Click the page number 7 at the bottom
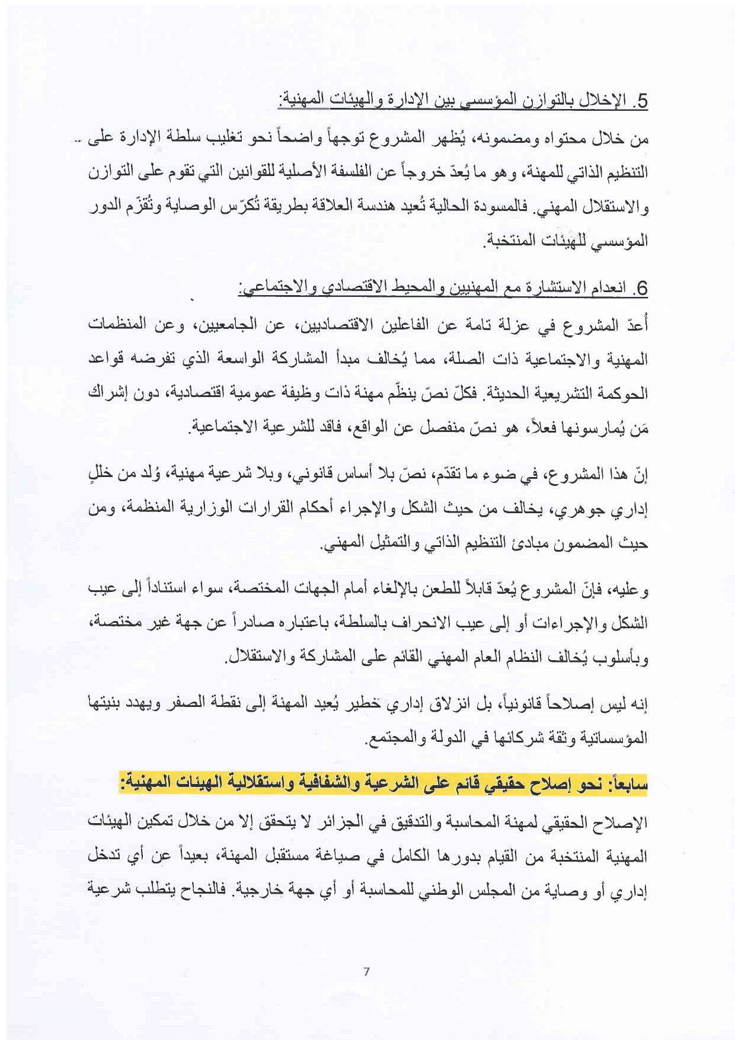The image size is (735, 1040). pyautogui.click(x=366, y=972)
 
